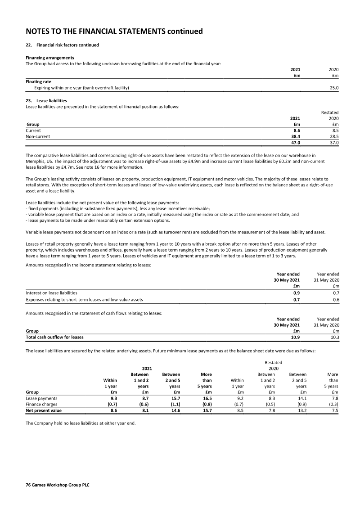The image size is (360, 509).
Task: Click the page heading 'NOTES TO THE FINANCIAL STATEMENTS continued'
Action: tap(114, 31)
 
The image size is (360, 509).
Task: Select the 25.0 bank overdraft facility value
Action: tap(334, 88)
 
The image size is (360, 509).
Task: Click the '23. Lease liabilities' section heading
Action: tap(46, 101)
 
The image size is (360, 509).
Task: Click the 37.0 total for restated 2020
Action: tap(334, 143)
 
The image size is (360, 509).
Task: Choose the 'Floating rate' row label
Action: tap(38, 82)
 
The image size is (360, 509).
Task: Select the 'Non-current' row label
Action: tap(38, 136)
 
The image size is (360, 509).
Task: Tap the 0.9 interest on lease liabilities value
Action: tap(297, 293)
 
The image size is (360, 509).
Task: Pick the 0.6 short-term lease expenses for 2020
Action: tap(335, 299)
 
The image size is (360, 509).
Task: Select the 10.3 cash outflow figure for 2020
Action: tap(334, 337)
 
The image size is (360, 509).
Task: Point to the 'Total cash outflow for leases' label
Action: tap(54, 337)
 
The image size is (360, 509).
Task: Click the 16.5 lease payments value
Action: tap(206, 398)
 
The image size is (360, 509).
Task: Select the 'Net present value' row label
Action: tap(44, 410)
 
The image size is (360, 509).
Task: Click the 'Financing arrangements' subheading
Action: tap(50, 58)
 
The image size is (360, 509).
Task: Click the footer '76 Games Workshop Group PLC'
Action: tap(58, 485)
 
